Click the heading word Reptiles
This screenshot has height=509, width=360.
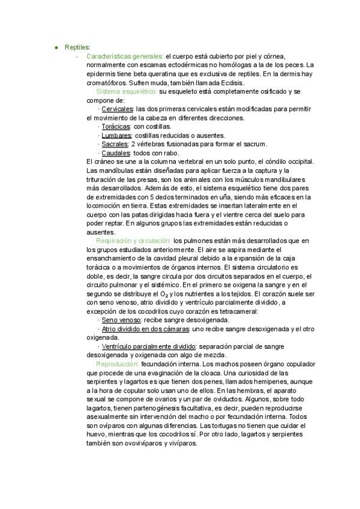coord(77,47)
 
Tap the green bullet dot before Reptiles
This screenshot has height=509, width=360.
coord(56,47)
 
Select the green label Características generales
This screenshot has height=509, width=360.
coord(124,56)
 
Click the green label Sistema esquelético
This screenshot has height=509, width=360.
coord(127,91)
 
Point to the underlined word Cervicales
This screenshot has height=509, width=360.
coord(117,109)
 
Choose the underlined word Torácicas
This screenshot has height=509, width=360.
coord(116,127)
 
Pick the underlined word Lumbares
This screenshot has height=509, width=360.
coord(116,136)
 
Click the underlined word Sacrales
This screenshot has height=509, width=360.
coord(115,144)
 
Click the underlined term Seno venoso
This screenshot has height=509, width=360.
coord(118,320)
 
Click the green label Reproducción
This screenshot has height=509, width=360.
coord(117,364)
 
